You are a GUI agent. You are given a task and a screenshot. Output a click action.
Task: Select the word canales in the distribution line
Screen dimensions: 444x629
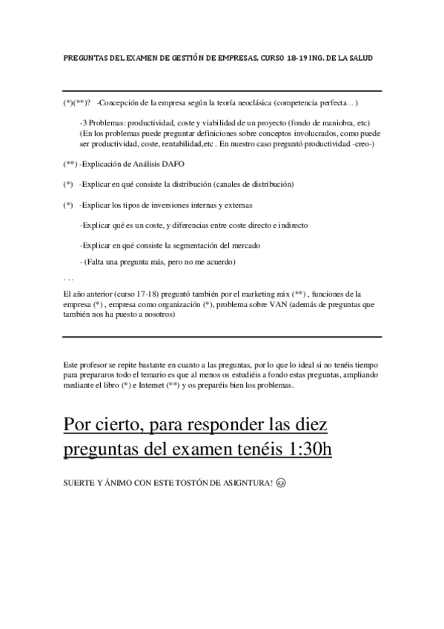[227, 183]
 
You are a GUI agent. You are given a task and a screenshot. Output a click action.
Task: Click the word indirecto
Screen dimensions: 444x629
[292, 224]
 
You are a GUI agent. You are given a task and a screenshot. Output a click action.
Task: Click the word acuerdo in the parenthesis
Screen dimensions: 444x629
[219, 263]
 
